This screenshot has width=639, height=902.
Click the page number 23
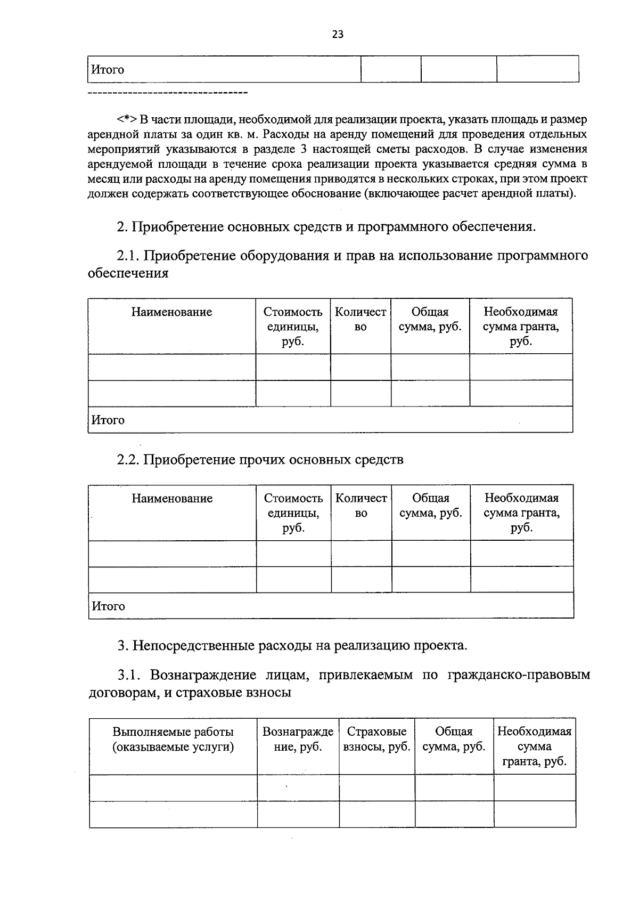(x=338, y=35)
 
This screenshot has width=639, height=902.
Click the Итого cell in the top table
(x=108, y=70)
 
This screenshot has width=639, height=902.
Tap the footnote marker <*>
(x=128, y=119)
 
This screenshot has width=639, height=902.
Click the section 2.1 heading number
(x=128, y=256)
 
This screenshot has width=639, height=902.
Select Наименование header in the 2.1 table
(x=171, y=312)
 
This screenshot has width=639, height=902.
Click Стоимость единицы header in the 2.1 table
(x=293, y=326)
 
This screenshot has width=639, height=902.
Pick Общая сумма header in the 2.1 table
(x=430, y=319)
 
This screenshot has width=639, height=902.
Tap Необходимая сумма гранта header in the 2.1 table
(x=520, y=326)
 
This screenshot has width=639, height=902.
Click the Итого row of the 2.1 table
(x=109, y=420)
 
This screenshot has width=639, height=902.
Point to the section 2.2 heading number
(x=128, y=459)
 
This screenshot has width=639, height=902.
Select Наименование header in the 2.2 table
(x=172, y=499)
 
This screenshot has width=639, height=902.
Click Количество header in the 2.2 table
(x=361, y=506)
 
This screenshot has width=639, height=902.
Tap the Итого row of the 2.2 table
(x=109, y=606)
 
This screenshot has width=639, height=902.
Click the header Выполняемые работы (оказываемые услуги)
(x=173, y=740)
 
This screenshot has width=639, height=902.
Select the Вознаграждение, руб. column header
(x=298, y=740)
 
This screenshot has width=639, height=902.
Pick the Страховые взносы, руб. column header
(x=376, y=740)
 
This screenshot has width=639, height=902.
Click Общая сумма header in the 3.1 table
(x=454, y=740)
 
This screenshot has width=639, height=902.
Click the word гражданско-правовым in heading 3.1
(x=519, y=675)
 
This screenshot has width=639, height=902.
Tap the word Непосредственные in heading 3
(x=195, y=646)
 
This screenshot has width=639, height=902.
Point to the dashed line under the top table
(x=167, y=94)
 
